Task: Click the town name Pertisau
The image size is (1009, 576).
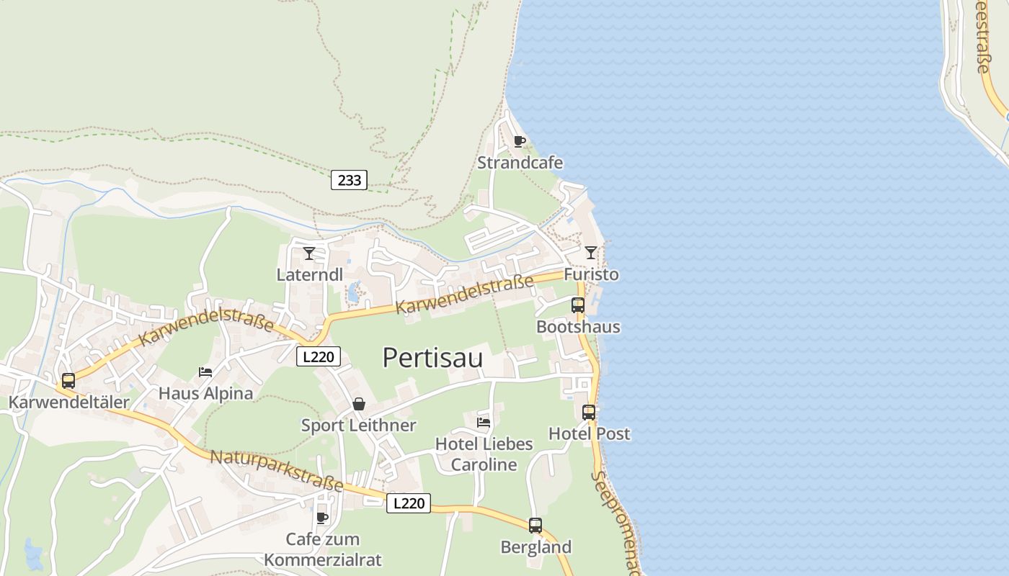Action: pos(432,358)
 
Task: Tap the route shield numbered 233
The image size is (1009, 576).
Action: pos(349,180)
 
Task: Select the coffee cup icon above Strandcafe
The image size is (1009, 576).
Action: pos(520,141)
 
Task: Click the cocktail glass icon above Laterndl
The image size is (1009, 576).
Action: pos(309,253)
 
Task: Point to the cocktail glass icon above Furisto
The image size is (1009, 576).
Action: pos(591,252)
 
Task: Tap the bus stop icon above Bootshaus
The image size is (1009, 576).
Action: pos(578,305)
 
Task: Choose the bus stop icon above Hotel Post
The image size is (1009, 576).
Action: pos(589,412)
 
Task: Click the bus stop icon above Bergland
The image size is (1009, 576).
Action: pos(535,525)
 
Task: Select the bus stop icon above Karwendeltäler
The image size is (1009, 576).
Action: pos(68,380)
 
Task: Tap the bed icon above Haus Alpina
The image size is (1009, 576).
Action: pos(205,372)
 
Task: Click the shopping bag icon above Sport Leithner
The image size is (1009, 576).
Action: pos(359,404)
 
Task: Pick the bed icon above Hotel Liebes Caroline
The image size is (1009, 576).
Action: pos(484,422)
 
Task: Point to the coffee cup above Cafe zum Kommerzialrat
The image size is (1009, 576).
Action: pos(322,517)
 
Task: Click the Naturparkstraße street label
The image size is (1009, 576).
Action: pos(277,472)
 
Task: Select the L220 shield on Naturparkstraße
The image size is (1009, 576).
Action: pos(409,503)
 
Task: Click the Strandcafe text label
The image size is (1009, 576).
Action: pos(520,163)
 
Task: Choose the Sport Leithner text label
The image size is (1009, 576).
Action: pos(358,426)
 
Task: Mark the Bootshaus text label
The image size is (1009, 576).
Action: pos(578,327)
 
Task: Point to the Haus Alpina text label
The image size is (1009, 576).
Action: pos(205,393)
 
